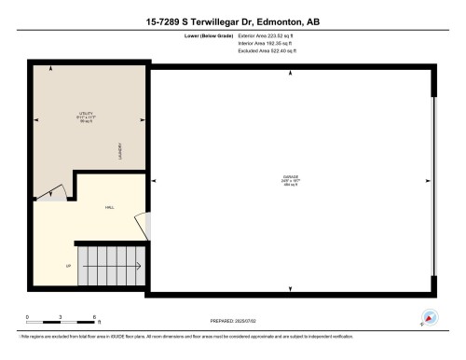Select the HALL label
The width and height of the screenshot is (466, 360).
[109, 208]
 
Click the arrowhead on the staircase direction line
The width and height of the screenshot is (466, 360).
[139, 268]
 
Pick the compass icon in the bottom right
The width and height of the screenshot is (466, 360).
[429, 316]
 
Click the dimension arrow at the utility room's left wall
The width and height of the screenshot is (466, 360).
[37, 119]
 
